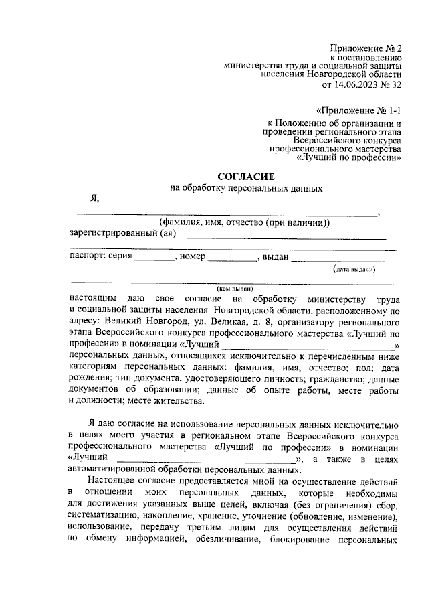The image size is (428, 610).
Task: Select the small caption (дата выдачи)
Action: (354, 269)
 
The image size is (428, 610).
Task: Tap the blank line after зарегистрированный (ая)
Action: (282, 235)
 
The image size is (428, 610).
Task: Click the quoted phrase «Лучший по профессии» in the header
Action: (348, 159)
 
